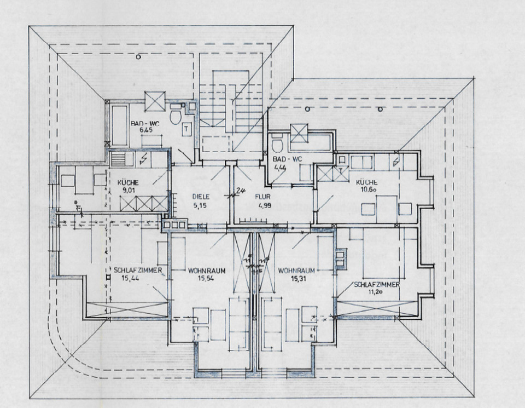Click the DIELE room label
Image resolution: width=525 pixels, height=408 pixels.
[201, 197]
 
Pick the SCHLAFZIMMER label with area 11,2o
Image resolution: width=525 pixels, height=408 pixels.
[376, 285]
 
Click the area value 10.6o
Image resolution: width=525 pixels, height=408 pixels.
[367, 191]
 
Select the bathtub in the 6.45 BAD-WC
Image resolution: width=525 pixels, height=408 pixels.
[119, 125]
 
